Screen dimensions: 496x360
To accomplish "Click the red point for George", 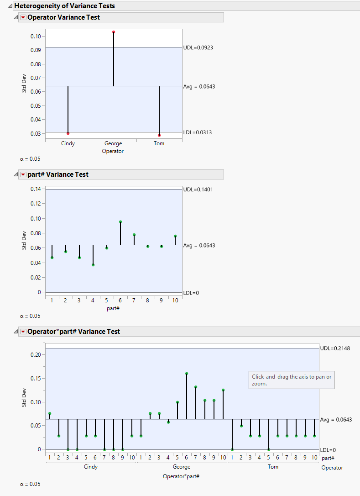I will [x=114, y=32].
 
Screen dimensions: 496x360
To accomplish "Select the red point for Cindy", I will [x=68, y=133].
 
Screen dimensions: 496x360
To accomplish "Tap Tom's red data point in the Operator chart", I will [x=159, y=135].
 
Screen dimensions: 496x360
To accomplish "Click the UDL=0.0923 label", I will [x=198, y=47].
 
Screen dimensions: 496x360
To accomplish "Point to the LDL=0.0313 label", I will [x=198, y=132].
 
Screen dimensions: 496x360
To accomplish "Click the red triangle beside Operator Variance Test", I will [x=23, y=17].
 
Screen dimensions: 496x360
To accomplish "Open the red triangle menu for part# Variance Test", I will [x=23, y=174].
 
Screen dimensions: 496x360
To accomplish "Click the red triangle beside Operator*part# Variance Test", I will [x=23, y=332].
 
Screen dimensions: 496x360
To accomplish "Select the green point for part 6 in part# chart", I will [x=120, y=222].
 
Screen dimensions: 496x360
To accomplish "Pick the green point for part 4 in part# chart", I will [x=93, y=265].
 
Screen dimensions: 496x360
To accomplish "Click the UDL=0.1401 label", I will [x=198, y=189].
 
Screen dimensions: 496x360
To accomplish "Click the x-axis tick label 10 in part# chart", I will [x=175, y=300].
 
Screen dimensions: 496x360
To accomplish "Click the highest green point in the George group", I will [x=187, y=373].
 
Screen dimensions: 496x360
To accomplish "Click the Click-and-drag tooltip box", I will [x=292, y=380].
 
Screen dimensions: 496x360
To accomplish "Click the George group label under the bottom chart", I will [x=182, y=467].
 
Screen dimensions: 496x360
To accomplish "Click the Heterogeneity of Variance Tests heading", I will [x=64, y=6].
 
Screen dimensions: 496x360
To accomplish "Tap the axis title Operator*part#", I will [x=181, y=476].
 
